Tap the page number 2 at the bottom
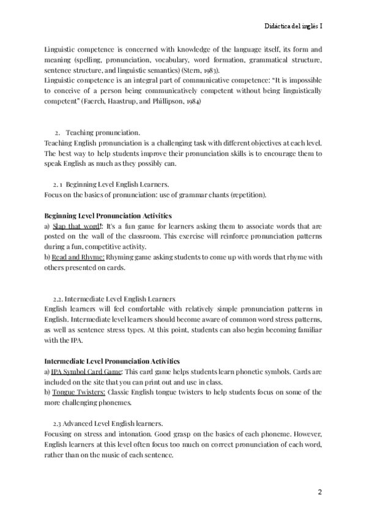(319, 491)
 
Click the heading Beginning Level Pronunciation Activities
(108, 216)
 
